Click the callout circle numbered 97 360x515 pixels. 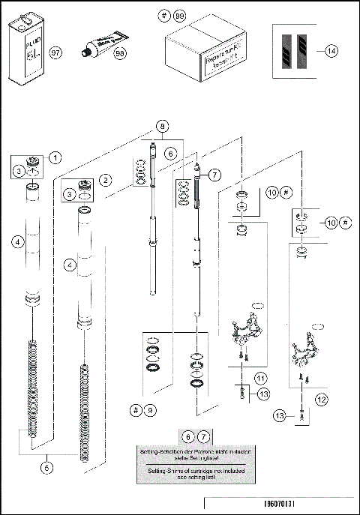coord(55,53)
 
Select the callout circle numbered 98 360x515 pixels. coord(120,53)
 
